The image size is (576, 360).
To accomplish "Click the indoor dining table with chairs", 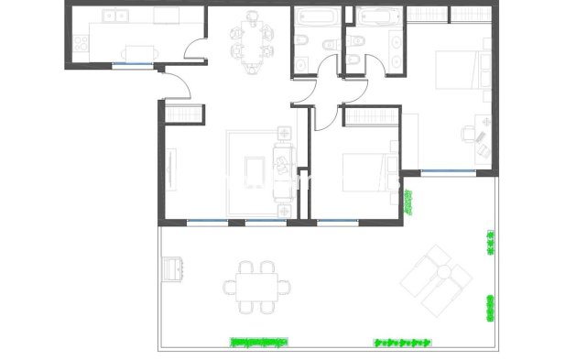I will pos(250,38).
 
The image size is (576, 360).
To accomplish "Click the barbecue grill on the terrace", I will pos(172,268).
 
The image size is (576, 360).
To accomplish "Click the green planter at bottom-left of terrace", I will pos(257,342).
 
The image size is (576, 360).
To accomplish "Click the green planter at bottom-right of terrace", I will pos(403,342).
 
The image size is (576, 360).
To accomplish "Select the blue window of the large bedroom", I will pos(441,172).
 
